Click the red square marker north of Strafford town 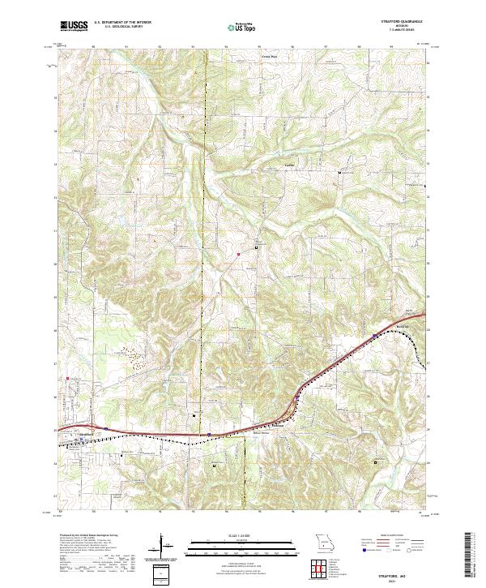[x=68, y=376]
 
